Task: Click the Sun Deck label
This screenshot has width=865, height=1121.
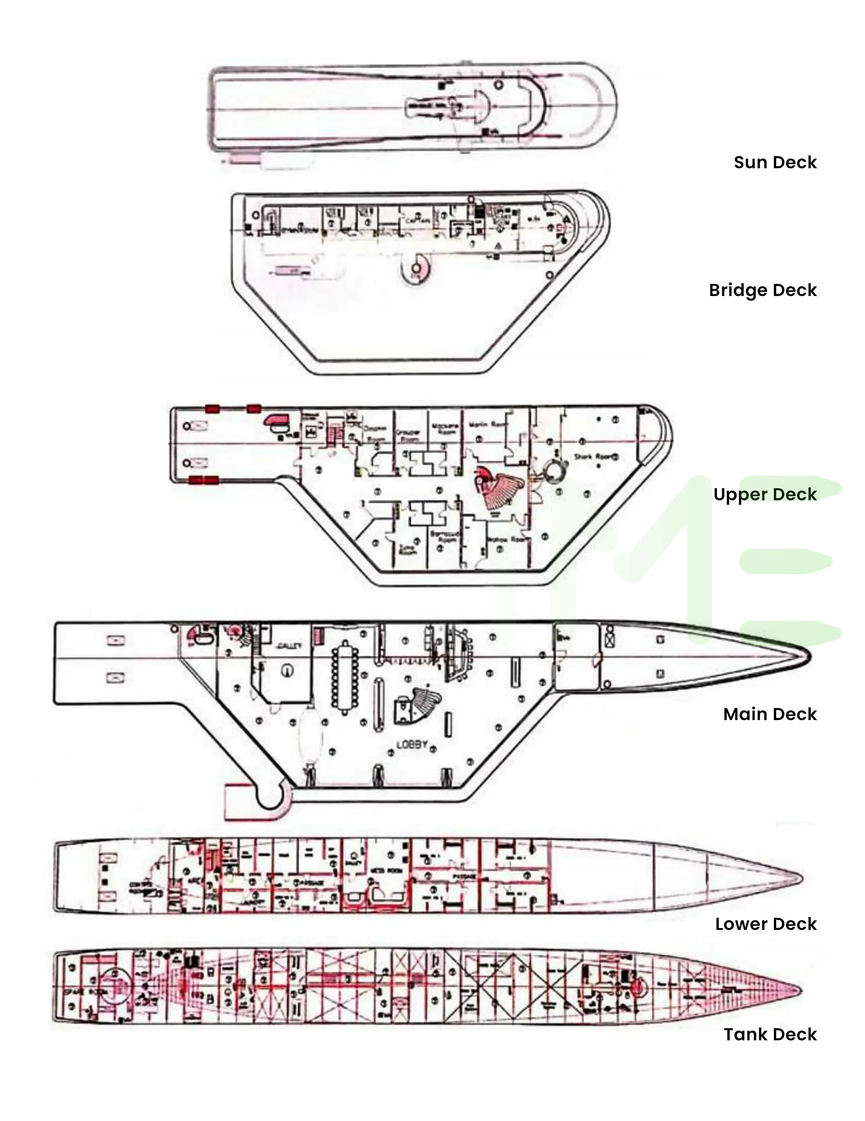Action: (775, 162)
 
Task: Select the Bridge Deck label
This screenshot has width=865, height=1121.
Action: (762, 290)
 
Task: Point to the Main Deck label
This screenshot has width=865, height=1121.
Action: (770, 714)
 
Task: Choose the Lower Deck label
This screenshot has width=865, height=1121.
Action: (765, 924)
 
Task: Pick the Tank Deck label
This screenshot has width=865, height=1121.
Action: (770, 1034)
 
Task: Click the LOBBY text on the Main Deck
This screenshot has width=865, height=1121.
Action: (411, 745)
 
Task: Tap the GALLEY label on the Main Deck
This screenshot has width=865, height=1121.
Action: (289, 646)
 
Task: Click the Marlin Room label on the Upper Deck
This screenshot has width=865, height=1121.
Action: (488, 425)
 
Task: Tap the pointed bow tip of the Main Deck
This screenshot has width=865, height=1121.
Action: (809, 656)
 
